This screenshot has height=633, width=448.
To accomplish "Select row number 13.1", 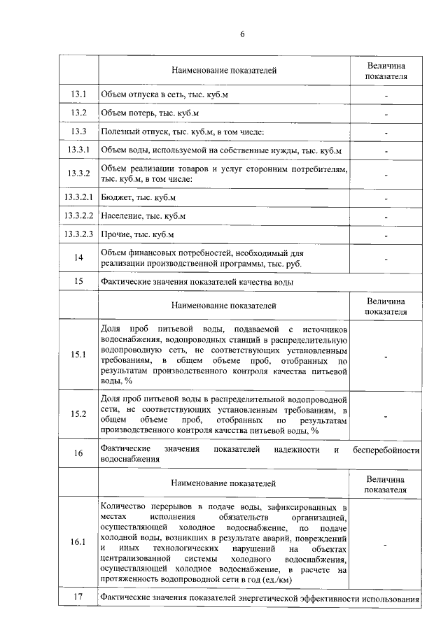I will tap(78, 94).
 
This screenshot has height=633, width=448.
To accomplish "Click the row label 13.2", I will tap(78, 113).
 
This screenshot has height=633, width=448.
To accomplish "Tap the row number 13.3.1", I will tap(78, 150).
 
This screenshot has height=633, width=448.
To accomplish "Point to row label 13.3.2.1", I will tap(78, 199).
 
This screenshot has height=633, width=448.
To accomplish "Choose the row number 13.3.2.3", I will tap(78, 234).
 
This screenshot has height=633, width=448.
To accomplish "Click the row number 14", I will tap(78, 258).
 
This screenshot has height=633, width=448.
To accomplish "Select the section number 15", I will tap(78, 282).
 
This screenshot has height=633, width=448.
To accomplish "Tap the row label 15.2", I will tap(78, 414).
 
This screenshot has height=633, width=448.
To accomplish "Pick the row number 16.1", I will tap(78, 542).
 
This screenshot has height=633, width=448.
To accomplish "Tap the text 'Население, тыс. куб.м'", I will tap(143, 216).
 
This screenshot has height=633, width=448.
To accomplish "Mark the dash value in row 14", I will tap(386, 259).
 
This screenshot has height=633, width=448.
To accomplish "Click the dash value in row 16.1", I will tap(386, 543).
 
